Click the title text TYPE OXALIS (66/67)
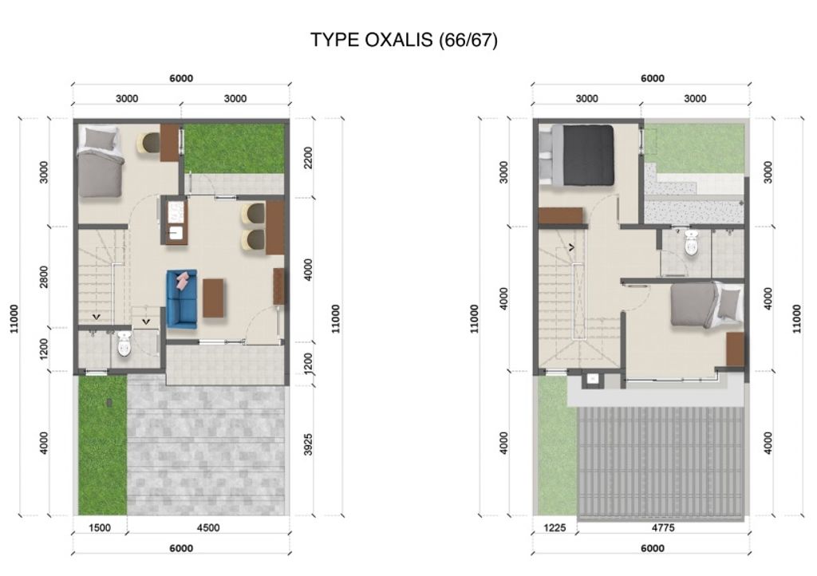pyautogui.click(x=404, y=40)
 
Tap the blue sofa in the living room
pyautogui.click(x=182, y=300)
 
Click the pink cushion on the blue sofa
pyautogui.click(x=184, y=279)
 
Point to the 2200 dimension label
pyautogui.click(x=309, y=158)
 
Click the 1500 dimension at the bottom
pyautogui.click(x=100, y=527)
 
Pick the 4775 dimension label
pyautogui.click(x=665, y=527)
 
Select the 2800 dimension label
pyautogui.click(x=45, y=277)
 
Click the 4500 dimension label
pyautogui.click(x=207, y=527)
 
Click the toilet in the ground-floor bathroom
pyautogui.click(x=124, y=345)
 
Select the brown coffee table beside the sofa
pyautogui.click(x=213, y=298)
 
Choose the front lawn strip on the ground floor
pyautogui.click(x=102, y=444)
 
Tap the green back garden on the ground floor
pyautogui.click(x=235, y=148)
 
